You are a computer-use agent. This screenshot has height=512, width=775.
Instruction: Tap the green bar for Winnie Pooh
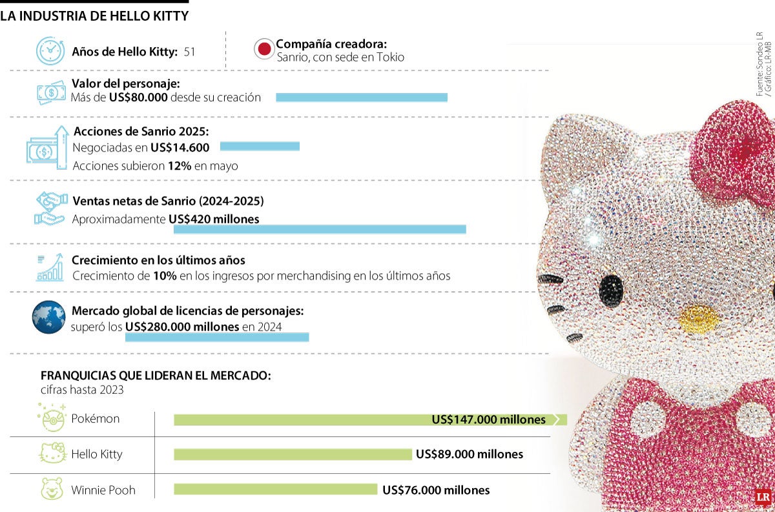275,489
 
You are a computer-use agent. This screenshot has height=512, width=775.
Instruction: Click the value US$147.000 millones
488,420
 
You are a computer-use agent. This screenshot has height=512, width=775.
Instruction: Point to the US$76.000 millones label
436,490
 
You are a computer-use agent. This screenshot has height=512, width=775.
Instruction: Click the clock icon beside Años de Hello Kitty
50,51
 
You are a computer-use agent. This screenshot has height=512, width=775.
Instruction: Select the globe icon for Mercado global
49,317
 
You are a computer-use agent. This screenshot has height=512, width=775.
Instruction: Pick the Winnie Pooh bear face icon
52,489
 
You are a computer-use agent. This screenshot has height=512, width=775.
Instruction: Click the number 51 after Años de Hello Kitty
189,52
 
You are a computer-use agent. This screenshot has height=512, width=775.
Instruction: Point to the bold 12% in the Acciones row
179,166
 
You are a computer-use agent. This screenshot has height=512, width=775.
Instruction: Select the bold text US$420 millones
214,220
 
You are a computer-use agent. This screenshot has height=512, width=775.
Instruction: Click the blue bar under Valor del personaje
362,97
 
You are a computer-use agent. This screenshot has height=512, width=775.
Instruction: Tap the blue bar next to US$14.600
260,147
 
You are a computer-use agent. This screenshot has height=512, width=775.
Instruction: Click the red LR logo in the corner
762,497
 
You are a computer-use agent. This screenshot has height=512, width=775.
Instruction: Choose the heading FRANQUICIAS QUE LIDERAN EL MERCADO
156,376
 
